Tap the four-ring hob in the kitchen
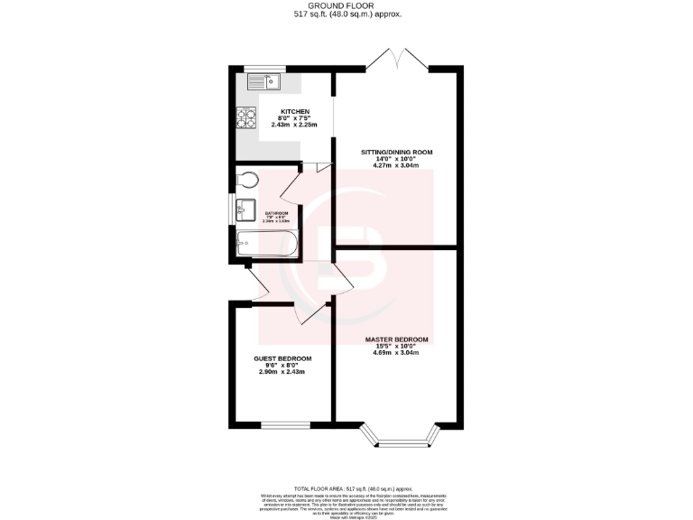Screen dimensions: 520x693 tap(247, 117)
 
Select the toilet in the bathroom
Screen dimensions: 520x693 tap(245, 181)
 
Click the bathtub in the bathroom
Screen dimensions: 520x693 tap(263, 242)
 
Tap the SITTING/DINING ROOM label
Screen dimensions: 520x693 tap(396, 152)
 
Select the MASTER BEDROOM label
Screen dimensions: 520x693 tap(396, 339)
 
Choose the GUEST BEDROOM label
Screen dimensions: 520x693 tap(282, 358)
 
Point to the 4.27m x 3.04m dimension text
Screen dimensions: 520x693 tap(396, 166)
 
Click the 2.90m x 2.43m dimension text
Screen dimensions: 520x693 tap(282, 372)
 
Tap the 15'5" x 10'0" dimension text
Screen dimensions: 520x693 tap(396, 346)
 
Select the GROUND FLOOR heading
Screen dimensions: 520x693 tap(347, 6)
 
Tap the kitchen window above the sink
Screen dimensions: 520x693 tap(264, 68)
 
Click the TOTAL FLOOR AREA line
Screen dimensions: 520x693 tap(347, 487)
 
